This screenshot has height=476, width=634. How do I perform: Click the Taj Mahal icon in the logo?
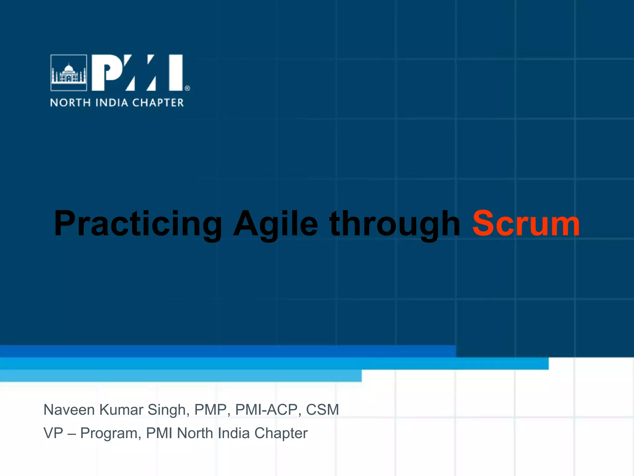coord(69,73)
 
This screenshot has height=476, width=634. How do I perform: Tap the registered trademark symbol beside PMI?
coord(187,88)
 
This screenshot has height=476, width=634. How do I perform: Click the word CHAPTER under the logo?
coord(158,103)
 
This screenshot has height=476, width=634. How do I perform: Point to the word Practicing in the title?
coord(138,224)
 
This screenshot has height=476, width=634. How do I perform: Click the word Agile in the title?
coord(276,224)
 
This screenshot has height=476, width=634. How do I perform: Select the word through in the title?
coord(395,224)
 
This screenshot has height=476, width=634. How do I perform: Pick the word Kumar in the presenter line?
coord(121,410)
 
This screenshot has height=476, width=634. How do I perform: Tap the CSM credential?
coord(322,410)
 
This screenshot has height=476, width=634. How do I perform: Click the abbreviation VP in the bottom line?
coord(53,433)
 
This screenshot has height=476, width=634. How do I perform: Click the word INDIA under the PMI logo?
coord(111,103)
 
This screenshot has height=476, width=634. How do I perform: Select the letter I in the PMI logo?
coord(176,73)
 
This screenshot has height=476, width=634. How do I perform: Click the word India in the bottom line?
coord(234,433)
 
